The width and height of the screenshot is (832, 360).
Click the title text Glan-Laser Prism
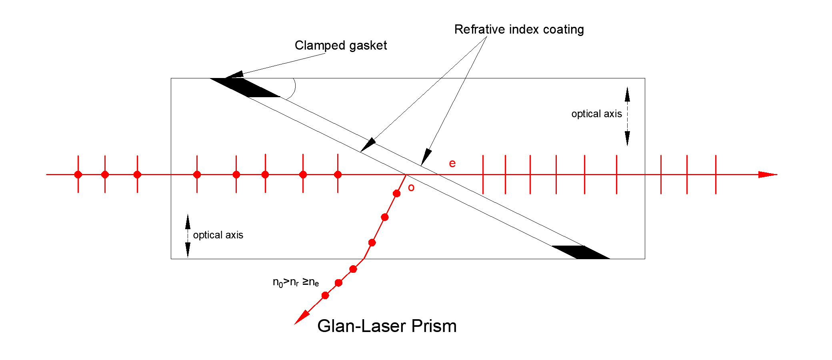click(387, 326)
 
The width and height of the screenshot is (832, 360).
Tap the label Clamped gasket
click(341, 46)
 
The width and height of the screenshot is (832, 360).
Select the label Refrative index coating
click(519, 29)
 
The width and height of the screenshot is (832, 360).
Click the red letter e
click(452, 164)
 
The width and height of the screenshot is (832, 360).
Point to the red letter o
click(411, 188)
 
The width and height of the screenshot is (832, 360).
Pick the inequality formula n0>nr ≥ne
click(296, 282)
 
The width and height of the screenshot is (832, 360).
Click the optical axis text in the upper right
click(596, 114)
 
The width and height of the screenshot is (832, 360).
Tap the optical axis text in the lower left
click(218, 235)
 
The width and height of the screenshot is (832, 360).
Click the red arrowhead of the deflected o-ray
click(302, 317)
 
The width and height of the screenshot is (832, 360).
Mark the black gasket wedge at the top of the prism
click(245, 88)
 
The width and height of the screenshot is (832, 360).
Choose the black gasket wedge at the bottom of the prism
click(581, 252)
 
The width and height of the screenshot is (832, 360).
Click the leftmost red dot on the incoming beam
click(78, 174)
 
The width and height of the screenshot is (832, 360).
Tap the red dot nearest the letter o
click(397, 194)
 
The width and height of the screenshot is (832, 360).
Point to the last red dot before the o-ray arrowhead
click(325, 296)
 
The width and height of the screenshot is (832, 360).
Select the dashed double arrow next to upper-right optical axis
click(627, 116)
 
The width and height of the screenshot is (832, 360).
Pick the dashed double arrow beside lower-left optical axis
click(188, 236)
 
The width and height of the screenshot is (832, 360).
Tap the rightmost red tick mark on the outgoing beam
click(716, 174)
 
